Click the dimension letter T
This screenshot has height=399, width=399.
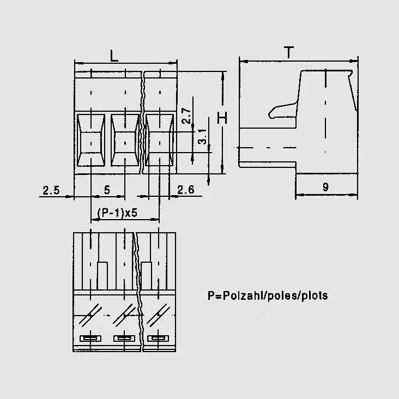(x=289, y=52)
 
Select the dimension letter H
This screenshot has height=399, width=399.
(x=222, y=118)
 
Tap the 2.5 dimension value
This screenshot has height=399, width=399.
(x=51, y=190)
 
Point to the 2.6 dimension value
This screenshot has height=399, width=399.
(x=186, y=190)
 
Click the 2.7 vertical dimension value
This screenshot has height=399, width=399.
(x=186, y=116)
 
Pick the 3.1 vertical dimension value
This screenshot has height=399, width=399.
(x=202, y=137)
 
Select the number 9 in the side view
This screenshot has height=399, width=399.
(x=325, y=187)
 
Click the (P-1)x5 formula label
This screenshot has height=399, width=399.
(x=117, y=213)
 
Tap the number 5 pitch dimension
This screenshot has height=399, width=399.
(x=107, y=190)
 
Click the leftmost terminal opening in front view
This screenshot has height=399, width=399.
(x=91, y=140)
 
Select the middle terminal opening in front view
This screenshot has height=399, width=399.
(x=125, y=140)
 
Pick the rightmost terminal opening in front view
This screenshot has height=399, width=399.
(x=160, y=140)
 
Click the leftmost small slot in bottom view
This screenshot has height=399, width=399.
(x=90, y=338)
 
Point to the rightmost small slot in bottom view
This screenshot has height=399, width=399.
(x=158, y=338)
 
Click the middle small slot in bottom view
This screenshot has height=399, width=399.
(x=124, y=338)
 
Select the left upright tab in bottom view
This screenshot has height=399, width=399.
(x=102, y=276)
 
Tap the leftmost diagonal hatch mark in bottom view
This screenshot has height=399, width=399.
(x=89, y=316)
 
